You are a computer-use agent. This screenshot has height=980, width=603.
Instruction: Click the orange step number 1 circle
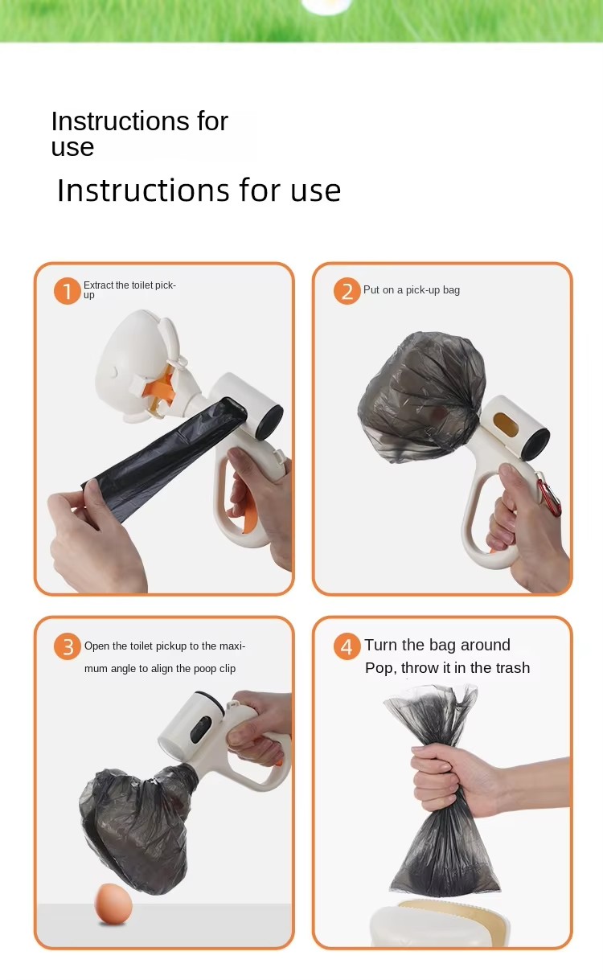[67, 291]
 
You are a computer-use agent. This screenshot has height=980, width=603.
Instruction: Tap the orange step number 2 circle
[347, 291]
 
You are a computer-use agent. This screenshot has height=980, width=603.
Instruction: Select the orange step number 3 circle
[68, 646]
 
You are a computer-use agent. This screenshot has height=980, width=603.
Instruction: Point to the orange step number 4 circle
[347, 646]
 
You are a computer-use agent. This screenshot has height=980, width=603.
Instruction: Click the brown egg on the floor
[113, 904]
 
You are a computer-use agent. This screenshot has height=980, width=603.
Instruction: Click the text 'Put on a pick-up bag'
[412, 290]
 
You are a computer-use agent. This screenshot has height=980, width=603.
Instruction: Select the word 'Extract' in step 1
[98, 285]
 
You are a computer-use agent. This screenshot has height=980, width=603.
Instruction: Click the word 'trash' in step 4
[513, 668]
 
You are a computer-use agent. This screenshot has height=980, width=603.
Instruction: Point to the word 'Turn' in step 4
[381, 645]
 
